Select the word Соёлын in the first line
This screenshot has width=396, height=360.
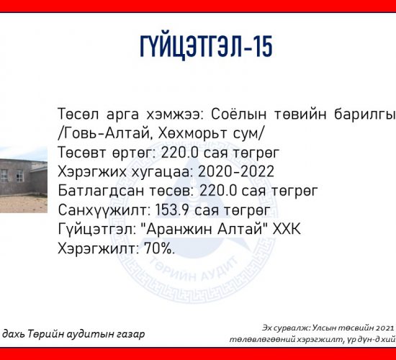click(238, 114)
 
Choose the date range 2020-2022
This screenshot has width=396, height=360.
click(236, 172)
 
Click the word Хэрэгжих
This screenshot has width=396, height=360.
click(92, 172)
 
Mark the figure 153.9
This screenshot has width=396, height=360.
click(172, 210)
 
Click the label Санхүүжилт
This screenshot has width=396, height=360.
click(104, 210)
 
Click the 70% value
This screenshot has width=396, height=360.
click(159, 248)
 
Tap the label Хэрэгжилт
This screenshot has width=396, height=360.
click(99, 249)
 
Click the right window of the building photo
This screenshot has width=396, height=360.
click(20, 176)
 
